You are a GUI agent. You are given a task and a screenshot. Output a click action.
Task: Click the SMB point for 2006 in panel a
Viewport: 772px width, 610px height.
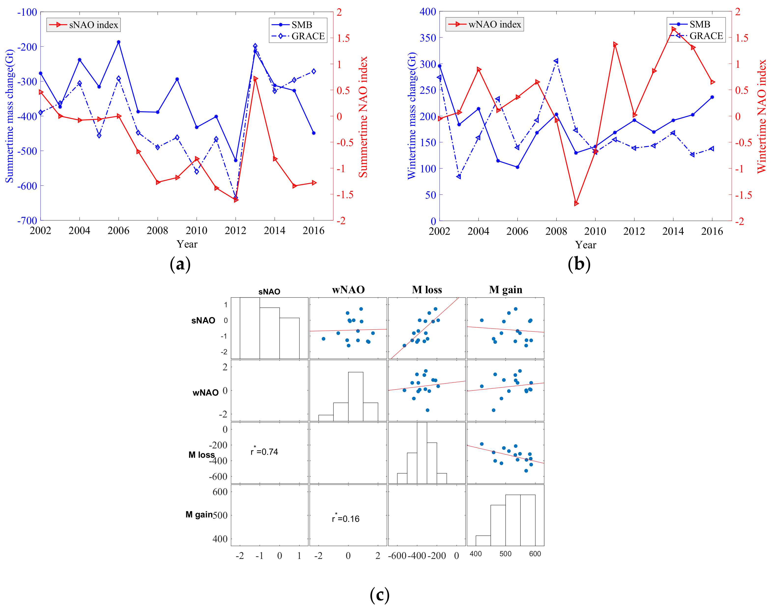tap(119, 42)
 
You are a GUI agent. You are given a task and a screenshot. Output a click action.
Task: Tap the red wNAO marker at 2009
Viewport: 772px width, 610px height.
tap(576, 204)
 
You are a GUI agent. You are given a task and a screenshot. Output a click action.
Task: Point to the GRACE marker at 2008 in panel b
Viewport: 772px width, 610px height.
tap(556, 61)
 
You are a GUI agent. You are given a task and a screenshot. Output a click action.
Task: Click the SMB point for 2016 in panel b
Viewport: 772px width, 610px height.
tap(712, 97)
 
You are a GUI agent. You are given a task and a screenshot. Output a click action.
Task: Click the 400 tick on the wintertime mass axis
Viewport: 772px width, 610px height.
tap(428, 12)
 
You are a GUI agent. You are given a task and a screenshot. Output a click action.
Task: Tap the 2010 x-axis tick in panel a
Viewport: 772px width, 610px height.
tap(197, 231)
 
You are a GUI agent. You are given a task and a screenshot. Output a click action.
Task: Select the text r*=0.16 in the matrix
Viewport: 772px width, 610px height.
tap(345, 519)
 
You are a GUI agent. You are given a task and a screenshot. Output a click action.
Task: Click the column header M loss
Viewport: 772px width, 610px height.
tap(427, 290)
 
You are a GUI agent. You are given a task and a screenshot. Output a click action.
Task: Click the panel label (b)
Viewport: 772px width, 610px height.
tap(579, 264)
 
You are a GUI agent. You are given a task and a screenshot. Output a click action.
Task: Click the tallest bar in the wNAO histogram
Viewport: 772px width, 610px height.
tap(356, 396)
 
